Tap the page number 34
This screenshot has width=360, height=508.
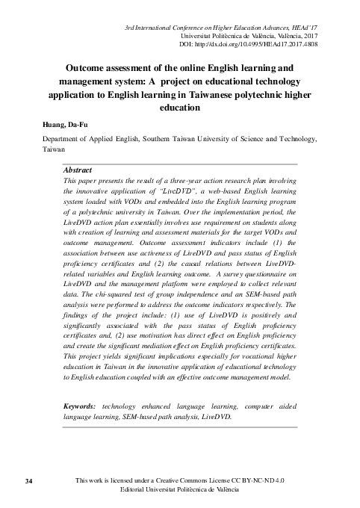pyautogui.click(x=29, y=479)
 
